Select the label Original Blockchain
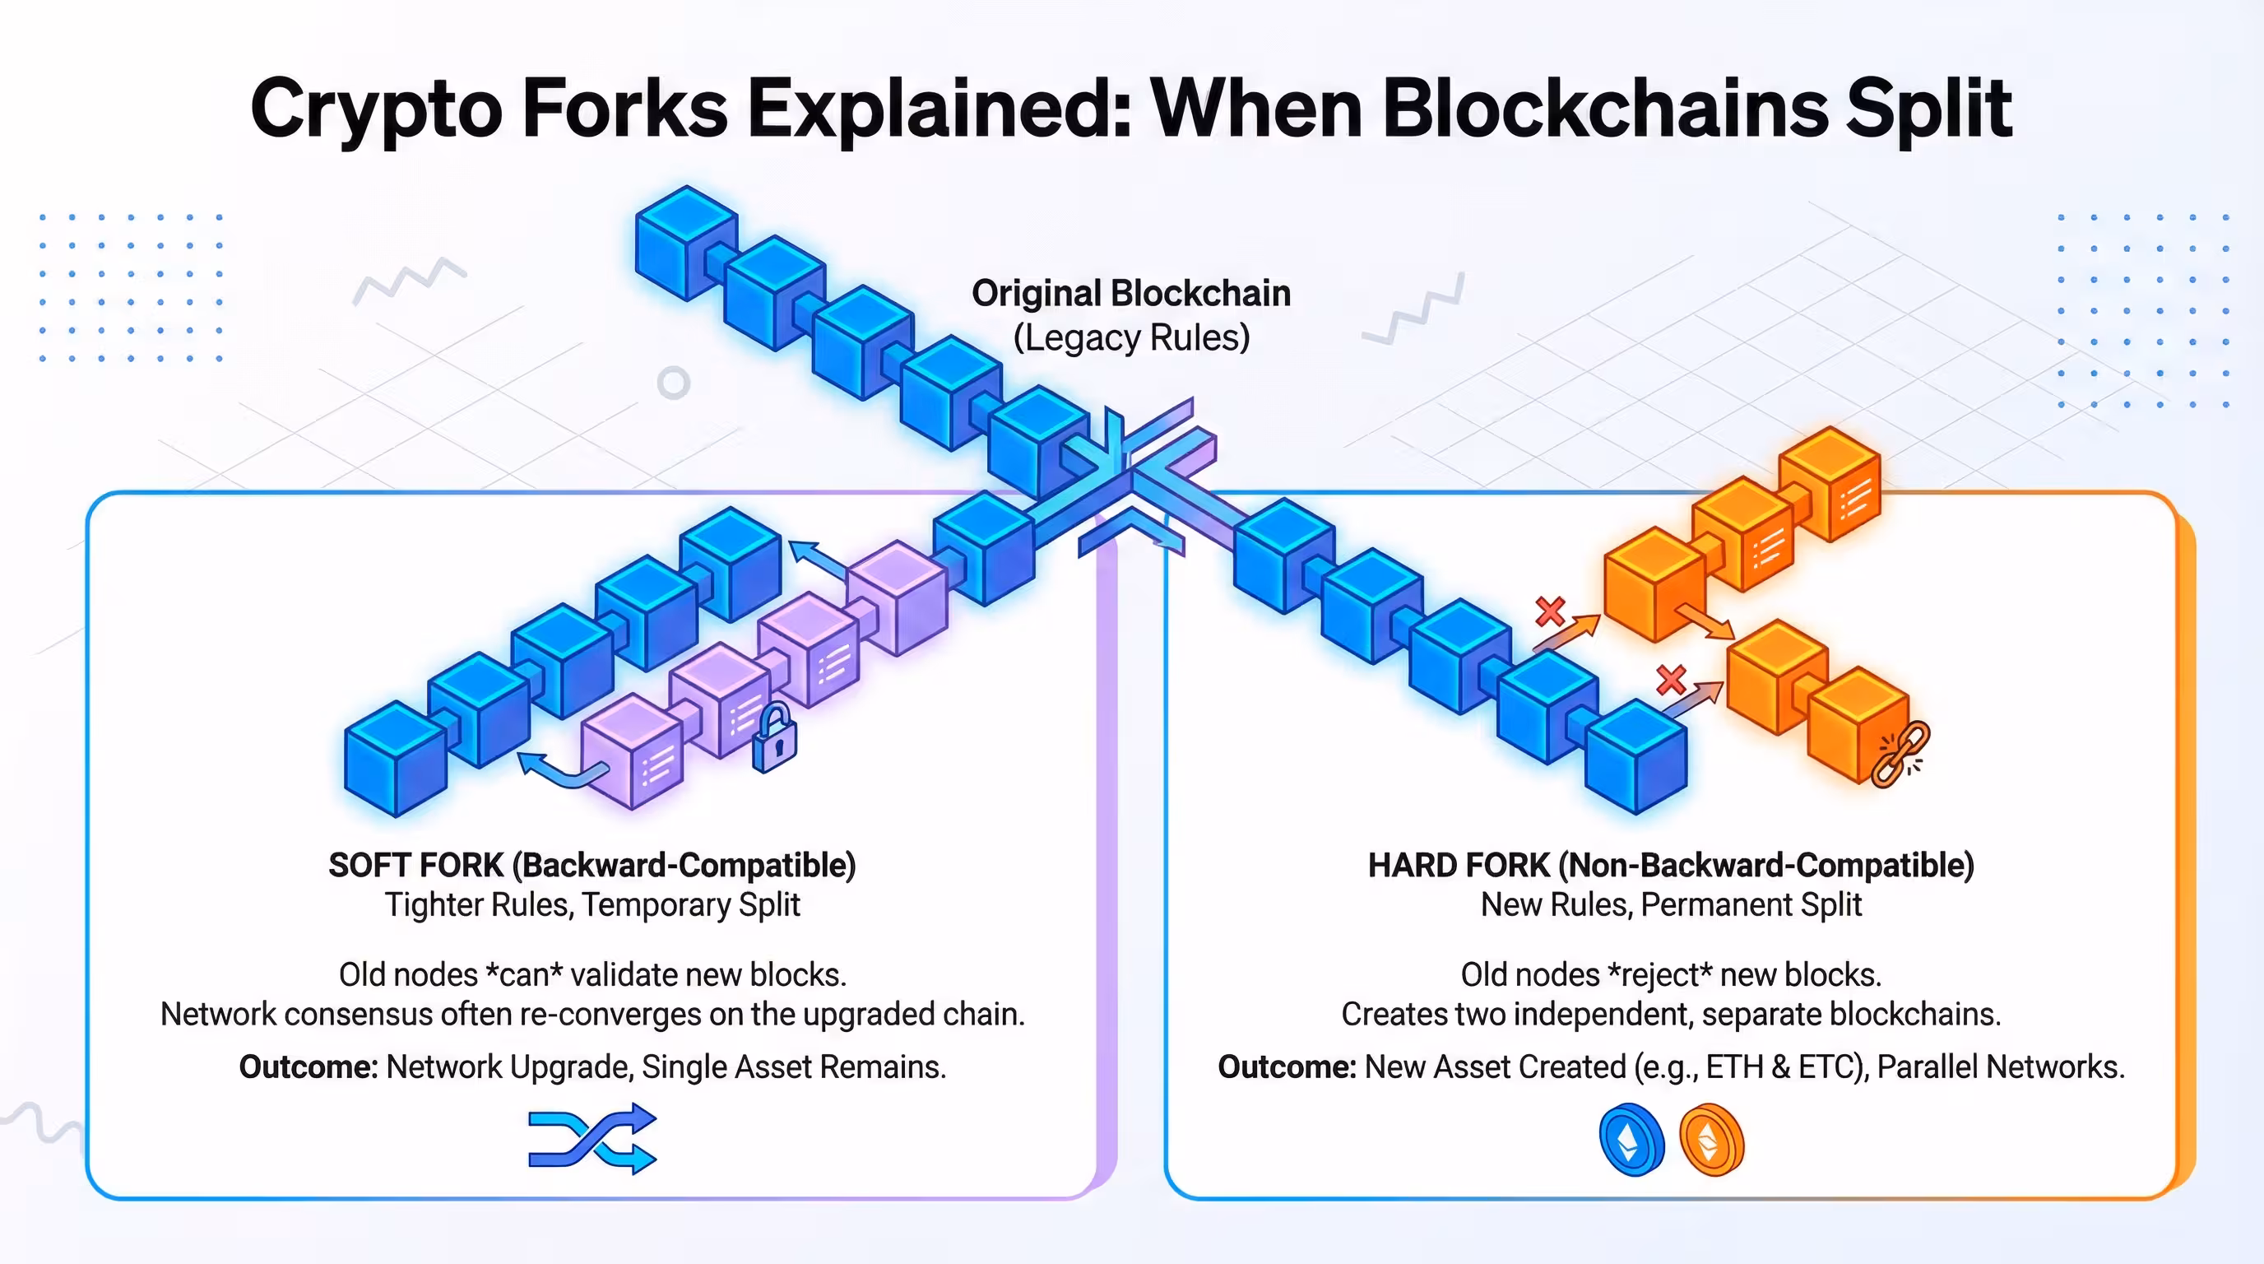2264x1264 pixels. click(1131, 294)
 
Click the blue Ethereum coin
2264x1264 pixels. click(1631, 1140)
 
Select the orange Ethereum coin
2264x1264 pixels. click(1710, 1140)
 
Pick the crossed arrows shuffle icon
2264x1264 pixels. click(592, 1139)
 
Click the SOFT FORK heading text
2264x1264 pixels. click(592, 865)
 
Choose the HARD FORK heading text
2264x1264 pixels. click(1671, 865)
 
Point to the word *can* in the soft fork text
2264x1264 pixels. click(525, 975)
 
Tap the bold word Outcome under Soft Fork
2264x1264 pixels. click(309, 1067)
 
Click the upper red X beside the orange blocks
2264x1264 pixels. click(1551, 611)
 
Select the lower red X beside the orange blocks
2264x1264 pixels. click(1671, 680)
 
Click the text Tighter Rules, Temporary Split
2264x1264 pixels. click(592, 905)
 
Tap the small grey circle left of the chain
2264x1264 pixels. click(673, 383)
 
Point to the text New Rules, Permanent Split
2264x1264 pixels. click(1671, 905)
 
